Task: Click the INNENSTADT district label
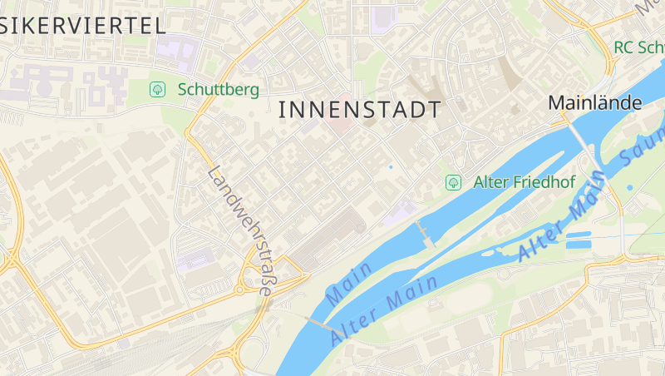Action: pos(359,109)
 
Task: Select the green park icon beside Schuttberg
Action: pos(156,88)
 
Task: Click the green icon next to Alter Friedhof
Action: pos(453,181)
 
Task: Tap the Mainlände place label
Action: pos(595,103)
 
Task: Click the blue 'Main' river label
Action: pos(350,283)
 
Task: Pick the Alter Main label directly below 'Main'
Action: pos(384,311)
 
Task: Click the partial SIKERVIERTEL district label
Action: pos(83,25)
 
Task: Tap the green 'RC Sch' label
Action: pos(639,47)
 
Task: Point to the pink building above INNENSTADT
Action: pos(340,125)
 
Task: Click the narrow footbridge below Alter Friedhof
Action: pos(425,234)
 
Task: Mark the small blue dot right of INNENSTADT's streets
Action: pos(391,167)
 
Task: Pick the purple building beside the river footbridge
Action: pos(401,211)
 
